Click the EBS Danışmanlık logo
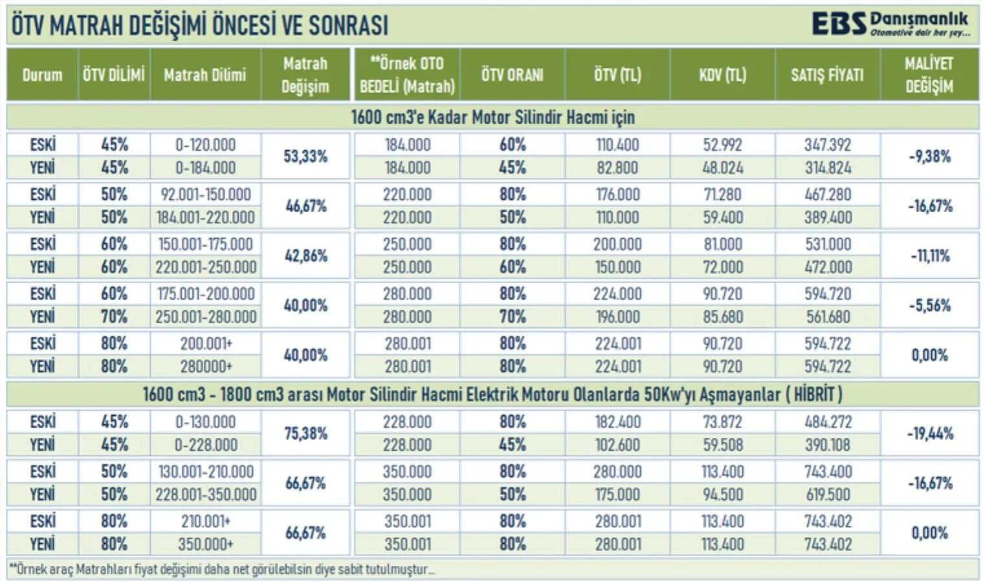click(x=890, y=25)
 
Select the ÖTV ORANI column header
click(x=512, y=75)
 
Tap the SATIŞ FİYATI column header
click(x=827, y=75)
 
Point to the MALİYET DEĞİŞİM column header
click(x=929, y=75)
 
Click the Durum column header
click(x=42, y=75)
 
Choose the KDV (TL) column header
click(x=722, y=75)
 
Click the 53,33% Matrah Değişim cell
click(x=305, y=156)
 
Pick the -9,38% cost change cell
click(x=929, y=156)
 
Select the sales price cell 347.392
click(x=828, y=145)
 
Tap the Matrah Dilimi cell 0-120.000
click(x=205, y=145)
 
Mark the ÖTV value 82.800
click(x=617, y=168)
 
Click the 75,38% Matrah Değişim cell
click(x=305, y=433)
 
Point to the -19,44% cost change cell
click(x=929, y=433)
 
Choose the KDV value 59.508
click(x=722, y=445)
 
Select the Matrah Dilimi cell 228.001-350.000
click(x=206, y=495)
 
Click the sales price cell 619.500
click(x=828, y=495)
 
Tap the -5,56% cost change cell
click(x=929, y=305)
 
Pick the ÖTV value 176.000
click(x=617, y=195)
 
